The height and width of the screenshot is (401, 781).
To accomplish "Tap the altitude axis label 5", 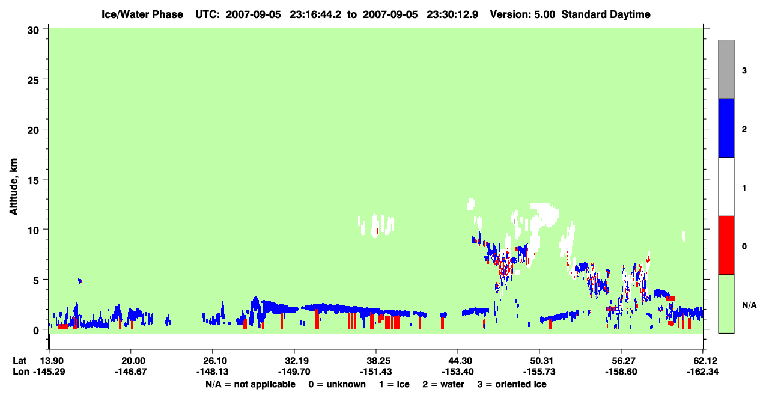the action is click(x=36, y=281).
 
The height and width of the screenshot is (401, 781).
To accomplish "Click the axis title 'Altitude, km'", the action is click(x=13, y=186).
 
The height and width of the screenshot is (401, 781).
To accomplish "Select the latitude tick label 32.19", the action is click(x=294, y=361).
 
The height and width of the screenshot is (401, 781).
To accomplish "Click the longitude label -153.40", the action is click(x=457, y=372).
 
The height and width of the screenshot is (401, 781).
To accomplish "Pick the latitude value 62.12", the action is click(x=703, y=361).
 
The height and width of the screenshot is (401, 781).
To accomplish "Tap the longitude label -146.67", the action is click(x=131, y=372).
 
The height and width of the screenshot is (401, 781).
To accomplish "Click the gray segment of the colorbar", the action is click(x=726, y=69).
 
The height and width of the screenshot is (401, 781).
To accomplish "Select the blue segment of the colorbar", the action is click(x=726, y=127).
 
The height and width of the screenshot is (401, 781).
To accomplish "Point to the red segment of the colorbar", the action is click(x=726, y=245).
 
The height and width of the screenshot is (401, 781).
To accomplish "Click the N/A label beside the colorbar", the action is click(x=749, y=305).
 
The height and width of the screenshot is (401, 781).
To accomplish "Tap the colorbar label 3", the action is click(x=744, y=71).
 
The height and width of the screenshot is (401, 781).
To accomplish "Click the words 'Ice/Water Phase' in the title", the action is click(x=142, y=14).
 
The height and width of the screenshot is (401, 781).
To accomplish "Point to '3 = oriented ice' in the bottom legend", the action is click(x=512, y=384).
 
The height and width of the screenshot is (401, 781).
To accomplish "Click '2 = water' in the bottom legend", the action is click(x=443, y=384).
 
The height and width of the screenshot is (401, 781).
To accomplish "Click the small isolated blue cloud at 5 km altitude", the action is click(x=80, y=281).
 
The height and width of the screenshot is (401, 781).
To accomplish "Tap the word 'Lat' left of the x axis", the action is click(x=19, y=361).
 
